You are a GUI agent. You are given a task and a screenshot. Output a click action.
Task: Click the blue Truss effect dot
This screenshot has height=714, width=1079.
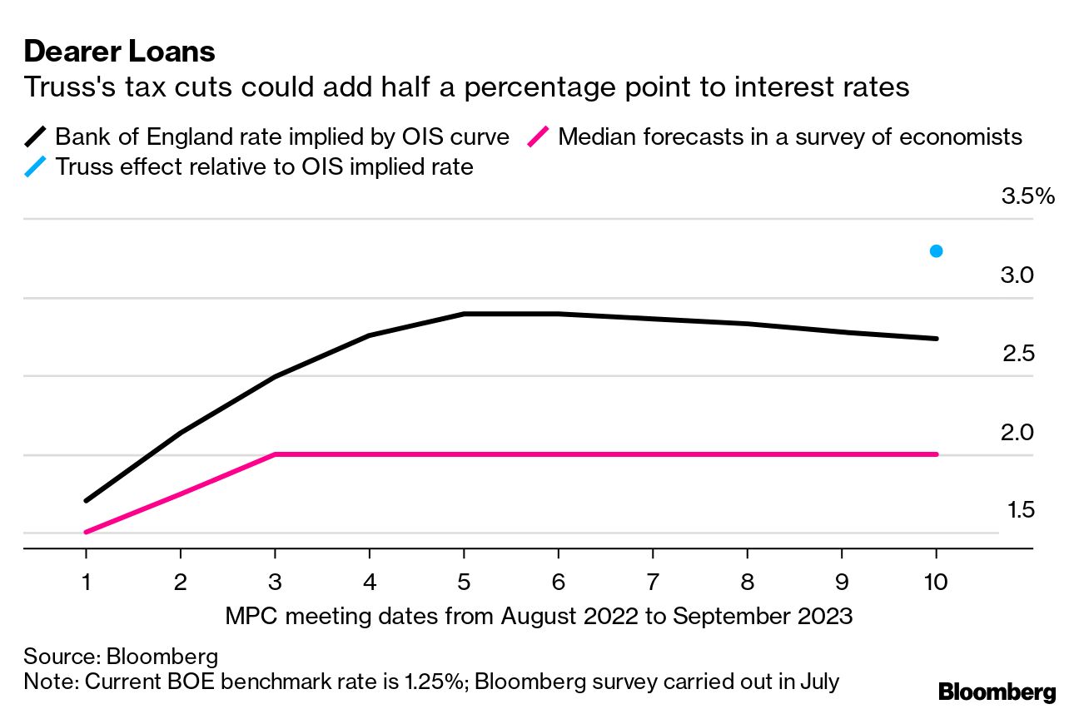936,251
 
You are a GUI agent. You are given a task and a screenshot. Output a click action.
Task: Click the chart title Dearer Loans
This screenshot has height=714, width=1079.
120,52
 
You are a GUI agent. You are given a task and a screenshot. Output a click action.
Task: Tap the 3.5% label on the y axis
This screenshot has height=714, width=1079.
1027,197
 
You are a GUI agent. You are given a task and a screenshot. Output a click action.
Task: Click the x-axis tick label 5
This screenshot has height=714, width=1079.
464,582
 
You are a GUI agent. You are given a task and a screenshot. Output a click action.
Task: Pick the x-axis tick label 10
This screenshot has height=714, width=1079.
936,582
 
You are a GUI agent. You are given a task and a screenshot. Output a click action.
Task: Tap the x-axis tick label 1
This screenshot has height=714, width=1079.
87,582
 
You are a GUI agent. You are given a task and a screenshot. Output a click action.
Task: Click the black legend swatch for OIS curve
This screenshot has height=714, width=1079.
37,136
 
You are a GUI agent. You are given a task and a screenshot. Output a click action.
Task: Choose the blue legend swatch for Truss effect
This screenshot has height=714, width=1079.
37,166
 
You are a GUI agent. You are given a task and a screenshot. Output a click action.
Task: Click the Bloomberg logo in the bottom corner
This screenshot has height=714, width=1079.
997,692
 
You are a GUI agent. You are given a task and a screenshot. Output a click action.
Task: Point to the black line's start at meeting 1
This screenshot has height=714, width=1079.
87,500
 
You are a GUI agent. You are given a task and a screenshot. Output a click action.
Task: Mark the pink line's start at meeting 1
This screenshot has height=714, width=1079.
87,532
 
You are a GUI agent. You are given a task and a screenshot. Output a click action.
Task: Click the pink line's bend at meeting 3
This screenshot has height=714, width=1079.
275,454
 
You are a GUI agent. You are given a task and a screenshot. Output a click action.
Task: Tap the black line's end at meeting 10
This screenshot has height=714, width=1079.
936,339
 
